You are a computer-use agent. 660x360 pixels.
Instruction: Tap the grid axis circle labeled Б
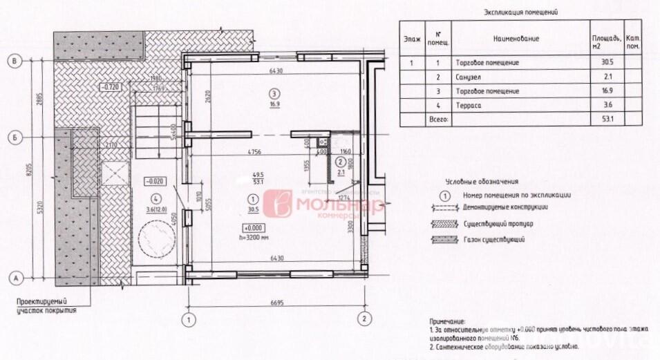point(15,137)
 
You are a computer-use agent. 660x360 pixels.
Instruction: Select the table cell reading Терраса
point(469,105)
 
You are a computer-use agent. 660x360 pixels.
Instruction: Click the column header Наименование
point(516,39)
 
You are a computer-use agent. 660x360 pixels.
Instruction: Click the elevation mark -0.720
point(111,87)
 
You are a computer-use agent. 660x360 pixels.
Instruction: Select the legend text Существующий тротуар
point(498,223)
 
